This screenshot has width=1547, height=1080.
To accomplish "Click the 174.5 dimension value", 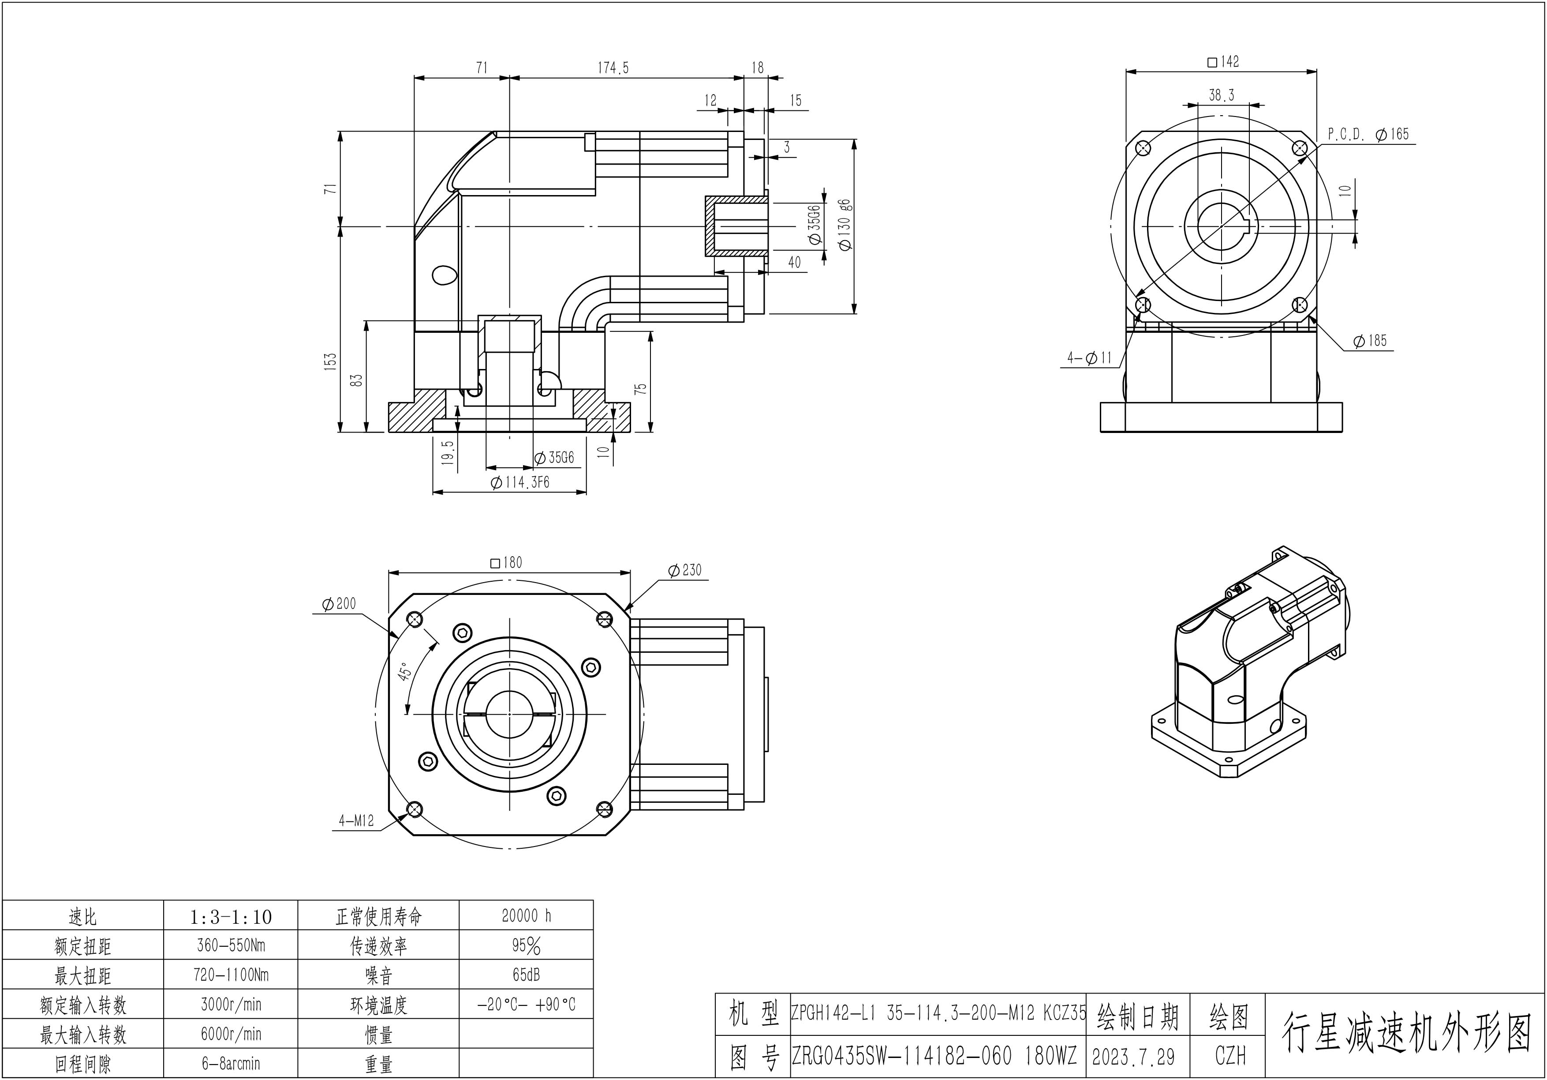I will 613,68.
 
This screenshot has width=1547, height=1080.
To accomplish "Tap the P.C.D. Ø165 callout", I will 1368,135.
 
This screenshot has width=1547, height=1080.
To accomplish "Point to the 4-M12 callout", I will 356,821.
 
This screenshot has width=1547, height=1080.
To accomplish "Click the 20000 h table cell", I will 526,915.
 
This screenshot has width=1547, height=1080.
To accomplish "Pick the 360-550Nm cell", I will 231,945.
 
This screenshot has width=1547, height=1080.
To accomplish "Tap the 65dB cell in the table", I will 526,975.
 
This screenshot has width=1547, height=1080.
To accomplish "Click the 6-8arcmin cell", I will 231,1064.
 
